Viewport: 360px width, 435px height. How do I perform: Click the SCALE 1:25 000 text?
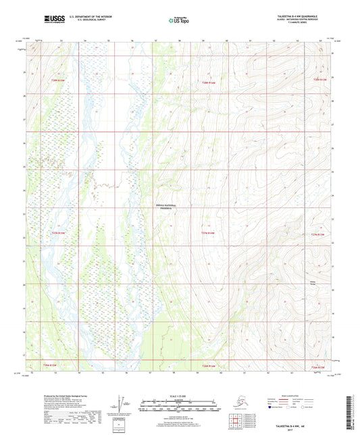179,395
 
